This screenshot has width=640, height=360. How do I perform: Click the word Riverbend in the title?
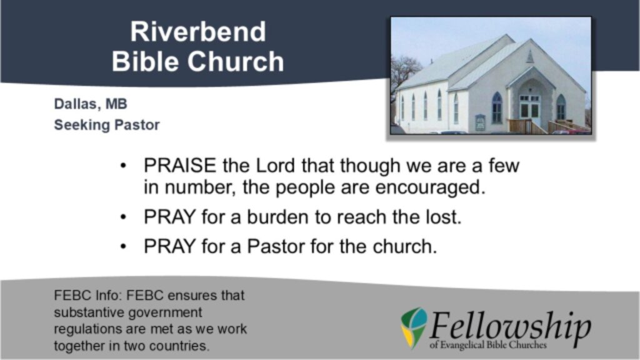pyautogui.click(x=198, y=31)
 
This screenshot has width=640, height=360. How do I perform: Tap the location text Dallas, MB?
pyautogui.click(x=91, y=104)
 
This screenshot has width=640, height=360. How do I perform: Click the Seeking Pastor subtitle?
pyautogui.click(x=106, y=125)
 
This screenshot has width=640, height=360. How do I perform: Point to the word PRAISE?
pyautogui.click(x=179, y=166)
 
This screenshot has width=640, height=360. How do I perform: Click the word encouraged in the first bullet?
pyautogui.click(x=430, y=187)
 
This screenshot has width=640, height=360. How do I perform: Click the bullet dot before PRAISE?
pyautogui.click(x=123, y=166)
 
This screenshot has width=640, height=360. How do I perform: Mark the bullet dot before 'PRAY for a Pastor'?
pyautogui.click(x=123, y=246)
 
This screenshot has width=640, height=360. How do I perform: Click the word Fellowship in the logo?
pyautogui.click(x=509, y=326)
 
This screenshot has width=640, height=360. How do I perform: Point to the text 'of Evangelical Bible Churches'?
pyautogui.click(x=487, y=345)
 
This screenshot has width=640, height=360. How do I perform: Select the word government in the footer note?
pyautogui.click(x=165, y=312)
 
